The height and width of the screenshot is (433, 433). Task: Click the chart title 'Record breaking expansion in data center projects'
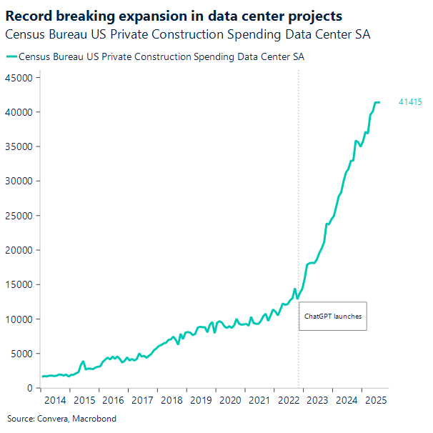(174, 16)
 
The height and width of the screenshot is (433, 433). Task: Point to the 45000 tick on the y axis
(19, 78)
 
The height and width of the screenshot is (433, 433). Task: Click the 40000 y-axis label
(19, 112)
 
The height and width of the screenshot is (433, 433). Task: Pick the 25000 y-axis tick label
(19, 216)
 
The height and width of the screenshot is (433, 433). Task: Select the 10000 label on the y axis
(19, 319)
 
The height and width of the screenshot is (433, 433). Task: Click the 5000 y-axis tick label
(21, 354)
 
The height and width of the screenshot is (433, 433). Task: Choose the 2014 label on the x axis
(55, 401)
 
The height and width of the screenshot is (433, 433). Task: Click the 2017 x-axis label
(142, 401)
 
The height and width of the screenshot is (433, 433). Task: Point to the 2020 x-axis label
(229, 401)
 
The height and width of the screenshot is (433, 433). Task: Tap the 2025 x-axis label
(375, 401)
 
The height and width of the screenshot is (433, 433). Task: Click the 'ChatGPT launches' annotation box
(332, 316)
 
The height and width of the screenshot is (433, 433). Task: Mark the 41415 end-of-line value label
(409, 103)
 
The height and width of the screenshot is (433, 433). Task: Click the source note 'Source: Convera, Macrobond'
(61, 419)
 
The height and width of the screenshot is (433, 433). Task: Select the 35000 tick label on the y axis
(19, 146)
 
